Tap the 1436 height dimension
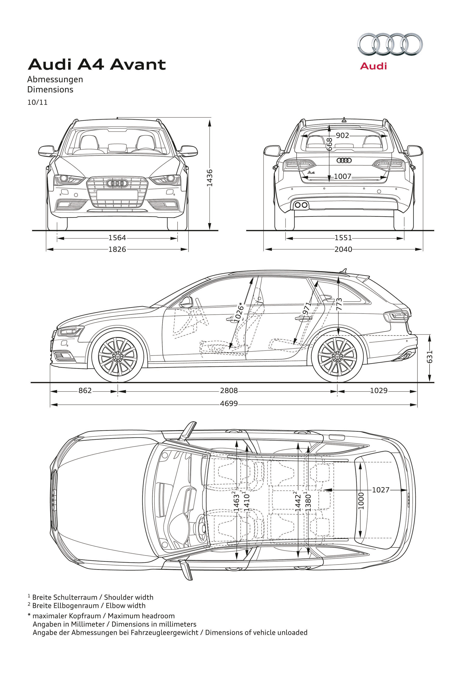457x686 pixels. [210, 178]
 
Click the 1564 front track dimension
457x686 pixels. [117, 238]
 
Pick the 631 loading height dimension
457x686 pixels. [430, 357]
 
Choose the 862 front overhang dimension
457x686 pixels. [85, 390]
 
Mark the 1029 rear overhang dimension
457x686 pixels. [379, 390]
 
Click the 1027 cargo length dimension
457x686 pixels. [381, 490]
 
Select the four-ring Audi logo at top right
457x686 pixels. [390, 45]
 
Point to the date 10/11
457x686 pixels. [37, 103]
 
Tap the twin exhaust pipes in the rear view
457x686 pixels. [301, 205]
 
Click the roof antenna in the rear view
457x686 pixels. [344, 119]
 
